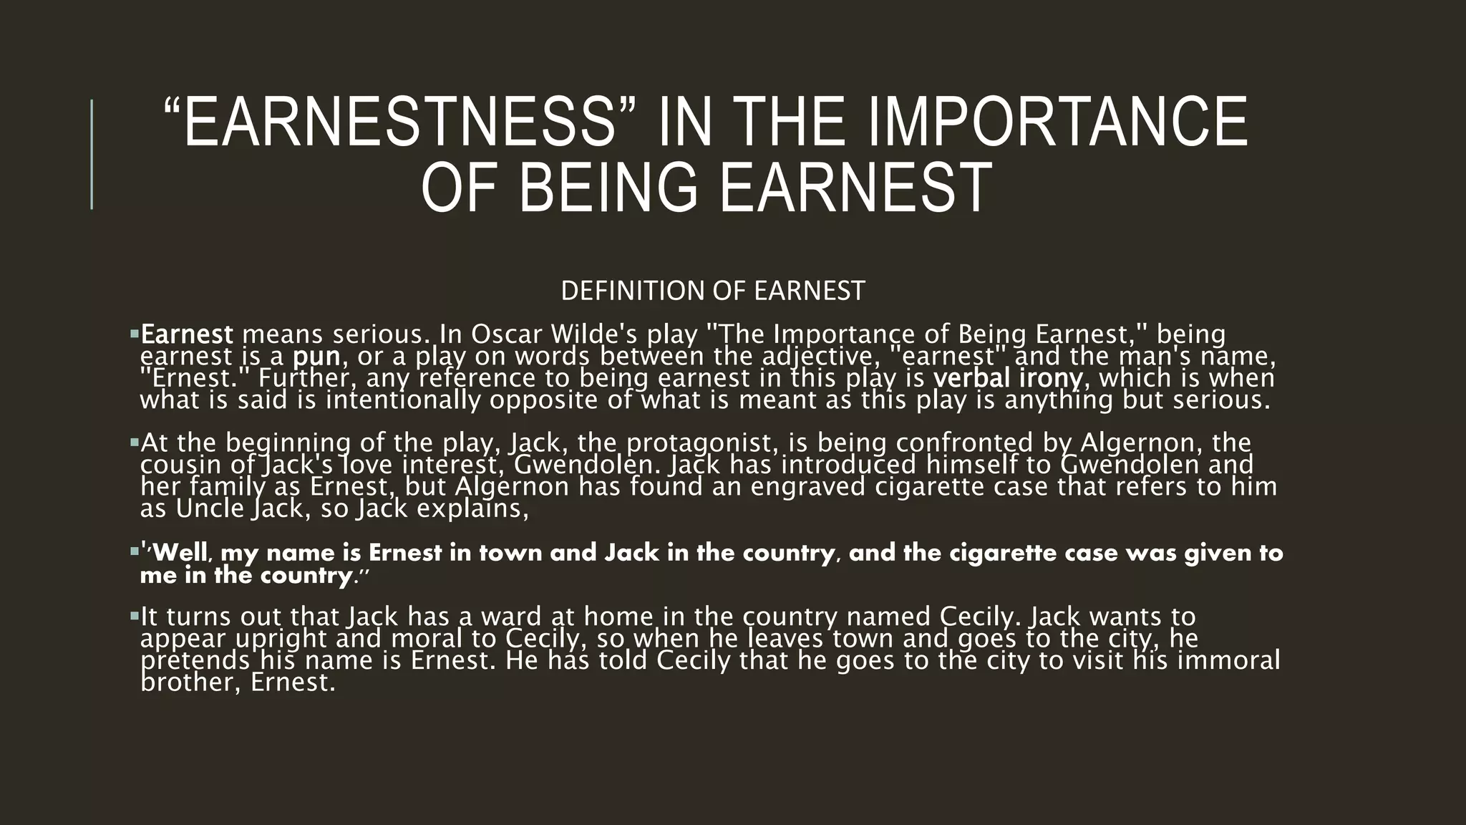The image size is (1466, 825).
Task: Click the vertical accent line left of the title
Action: (92, 154)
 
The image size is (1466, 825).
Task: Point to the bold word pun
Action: (316, 357)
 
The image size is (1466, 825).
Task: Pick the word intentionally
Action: (403, 400)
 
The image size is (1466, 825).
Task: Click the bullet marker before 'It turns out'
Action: (134, 616)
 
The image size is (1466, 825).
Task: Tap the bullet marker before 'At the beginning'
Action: (134, 443)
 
